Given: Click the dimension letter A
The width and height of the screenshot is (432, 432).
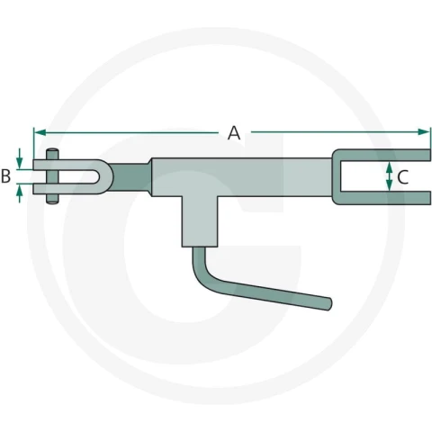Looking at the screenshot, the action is (234, 133).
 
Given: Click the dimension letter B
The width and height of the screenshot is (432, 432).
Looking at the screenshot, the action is (5, 176).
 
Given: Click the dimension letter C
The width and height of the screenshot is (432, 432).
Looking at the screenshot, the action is (402, 177).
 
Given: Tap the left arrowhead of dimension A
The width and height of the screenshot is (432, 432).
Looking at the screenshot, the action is (40, 132).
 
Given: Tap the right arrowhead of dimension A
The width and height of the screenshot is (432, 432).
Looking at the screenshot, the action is (424, 131).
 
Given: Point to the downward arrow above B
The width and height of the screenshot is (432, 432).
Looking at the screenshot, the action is (20, 158).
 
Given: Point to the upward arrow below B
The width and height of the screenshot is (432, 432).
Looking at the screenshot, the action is (20, 193).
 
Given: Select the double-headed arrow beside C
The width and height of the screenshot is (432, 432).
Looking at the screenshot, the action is (389, 176).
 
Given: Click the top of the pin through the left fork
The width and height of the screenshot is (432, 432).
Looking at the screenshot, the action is (52, 150).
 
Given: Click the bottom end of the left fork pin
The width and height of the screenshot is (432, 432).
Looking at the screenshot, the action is (52, 202).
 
